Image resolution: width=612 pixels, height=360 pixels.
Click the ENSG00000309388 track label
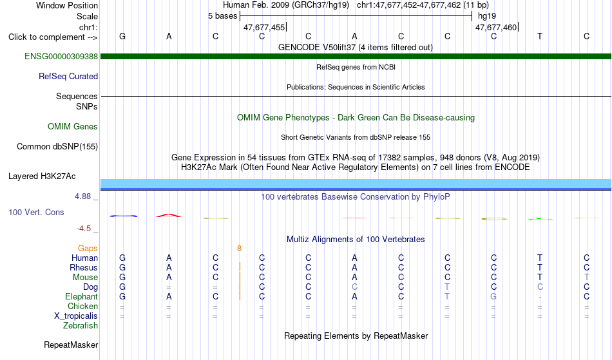click(x=61, y=56)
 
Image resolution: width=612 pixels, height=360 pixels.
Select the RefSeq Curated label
click(x=68, y=77)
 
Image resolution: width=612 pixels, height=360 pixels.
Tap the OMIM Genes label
click(x=73, y=126)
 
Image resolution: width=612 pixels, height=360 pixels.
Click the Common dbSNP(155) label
click(x=57, y=147)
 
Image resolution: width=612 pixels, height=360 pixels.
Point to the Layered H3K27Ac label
click(x=42, y=176)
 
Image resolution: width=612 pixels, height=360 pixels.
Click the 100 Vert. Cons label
click(x=36, y=212)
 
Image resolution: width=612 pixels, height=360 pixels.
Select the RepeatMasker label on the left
click(x=71, y=345)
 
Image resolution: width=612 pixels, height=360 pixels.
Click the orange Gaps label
click(x=88, y=249)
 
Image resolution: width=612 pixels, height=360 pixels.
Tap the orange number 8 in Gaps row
click(x=239, y=249)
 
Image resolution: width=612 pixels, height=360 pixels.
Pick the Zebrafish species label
click(x=81, y=326)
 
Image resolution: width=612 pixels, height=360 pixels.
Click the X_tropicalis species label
click(x=76, y=316)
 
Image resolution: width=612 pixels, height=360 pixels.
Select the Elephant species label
click(x=81, y=297)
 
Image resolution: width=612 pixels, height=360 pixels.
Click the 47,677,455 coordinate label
click(x=264, y=27)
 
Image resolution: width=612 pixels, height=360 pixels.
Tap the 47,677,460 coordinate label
click(x=496, y=27)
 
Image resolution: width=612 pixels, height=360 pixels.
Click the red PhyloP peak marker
click(x=169, y=215)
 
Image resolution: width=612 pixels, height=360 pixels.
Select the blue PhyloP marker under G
click(x=123, y=216)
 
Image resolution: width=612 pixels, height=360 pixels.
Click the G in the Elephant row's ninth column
click(x=493, y=297)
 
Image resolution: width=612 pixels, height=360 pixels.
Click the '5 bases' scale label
click(x=222, y=16)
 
